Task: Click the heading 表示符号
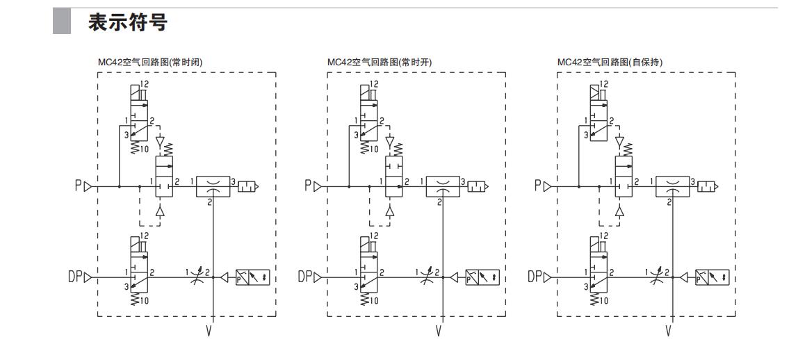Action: pos(128,23)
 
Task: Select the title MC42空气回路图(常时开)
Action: pos(380,62)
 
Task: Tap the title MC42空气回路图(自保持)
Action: pos(610,62)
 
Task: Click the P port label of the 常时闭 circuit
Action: pos(79,186)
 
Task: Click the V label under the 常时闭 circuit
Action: pos(209,330)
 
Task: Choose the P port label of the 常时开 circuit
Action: pos(308,186)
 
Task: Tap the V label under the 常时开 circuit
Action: pos(439,330)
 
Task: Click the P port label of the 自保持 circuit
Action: pos(537,186)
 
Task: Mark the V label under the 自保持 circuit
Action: pos(669,330)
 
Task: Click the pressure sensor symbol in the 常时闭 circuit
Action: pos(253,278)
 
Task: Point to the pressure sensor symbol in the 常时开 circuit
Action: pos(482,278)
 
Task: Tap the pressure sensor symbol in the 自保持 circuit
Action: pos(712,278)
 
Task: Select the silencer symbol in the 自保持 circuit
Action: pos(707,186)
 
